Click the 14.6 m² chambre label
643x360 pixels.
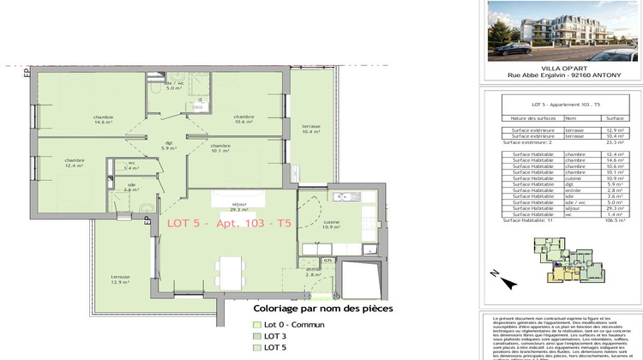pos(104,120)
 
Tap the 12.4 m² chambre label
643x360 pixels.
pos(74,162)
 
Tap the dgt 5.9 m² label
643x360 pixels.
pos(169,147)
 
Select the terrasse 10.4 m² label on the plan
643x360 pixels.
pos(310,129)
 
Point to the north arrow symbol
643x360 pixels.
pos(495,274)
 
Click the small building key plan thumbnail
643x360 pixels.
pos(564,261)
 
